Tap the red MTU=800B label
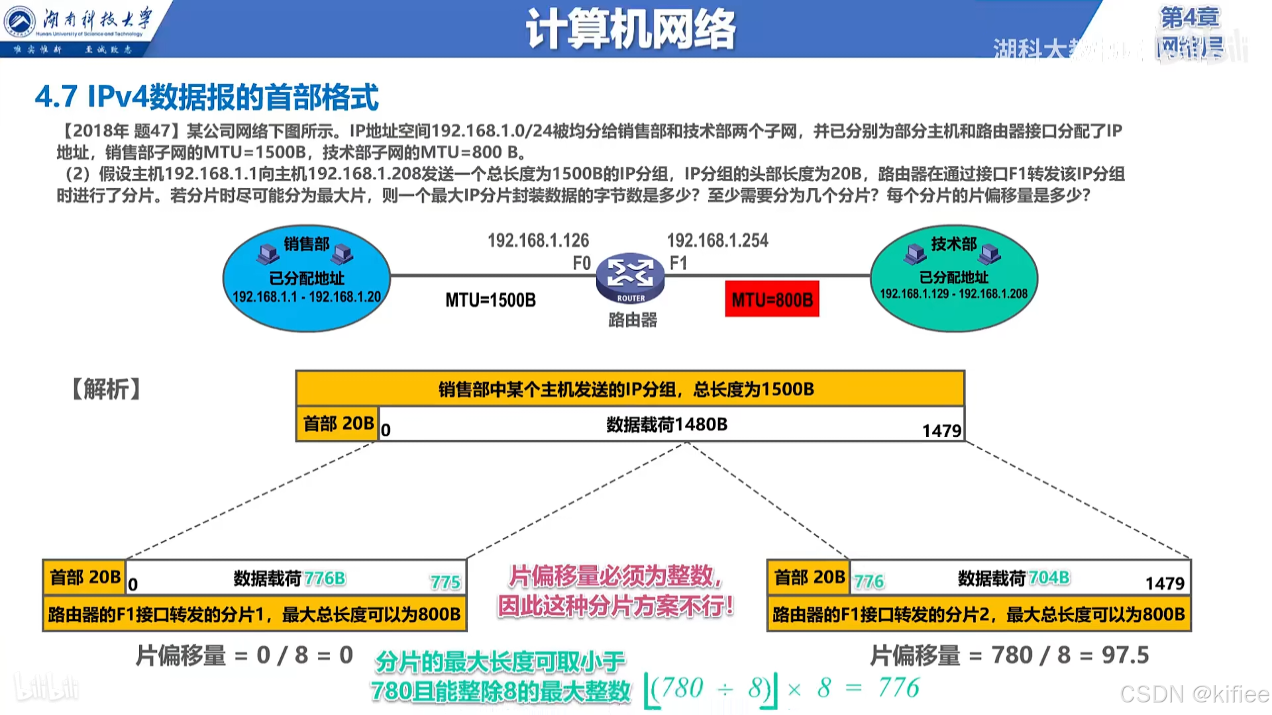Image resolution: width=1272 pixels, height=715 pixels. tap(772, 300)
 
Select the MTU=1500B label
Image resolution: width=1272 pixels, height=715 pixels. tap(490, 300)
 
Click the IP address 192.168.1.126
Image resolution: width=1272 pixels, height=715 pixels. tap(538, 240)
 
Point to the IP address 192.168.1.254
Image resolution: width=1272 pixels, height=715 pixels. tap(717, 240)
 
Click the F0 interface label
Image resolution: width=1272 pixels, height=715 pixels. tap(581, 263)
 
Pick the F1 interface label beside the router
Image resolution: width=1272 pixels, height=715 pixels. tap(678, 263)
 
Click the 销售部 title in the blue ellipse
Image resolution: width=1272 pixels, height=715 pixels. tap(307, 244)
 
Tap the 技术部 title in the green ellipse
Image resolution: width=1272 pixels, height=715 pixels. tap(954, 244)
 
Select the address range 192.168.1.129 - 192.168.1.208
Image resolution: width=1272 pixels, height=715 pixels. tap(953, 293)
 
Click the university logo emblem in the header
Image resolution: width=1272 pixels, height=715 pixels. tap(20, 21)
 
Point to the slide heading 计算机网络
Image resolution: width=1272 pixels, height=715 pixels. tap(631, 30)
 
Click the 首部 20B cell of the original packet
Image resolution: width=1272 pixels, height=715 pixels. tap(338, 424)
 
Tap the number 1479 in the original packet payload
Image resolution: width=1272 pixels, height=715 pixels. tap(941, 431)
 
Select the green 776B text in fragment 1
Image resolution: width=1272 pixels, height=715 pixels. tap(325, 579)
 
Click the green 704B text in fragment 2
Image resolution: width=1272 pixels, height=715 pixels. tap(1049, 578)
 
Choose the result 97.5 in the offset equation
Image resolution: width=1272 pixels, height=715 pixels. tap(1125, 655)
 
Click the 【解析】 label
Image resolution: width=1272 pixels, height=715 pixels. tap(106, 389)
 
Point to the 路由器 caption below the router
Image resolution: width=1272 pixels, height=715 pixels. tap(633, 320)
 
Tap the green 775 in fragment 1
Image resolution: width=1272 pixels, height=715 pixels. tap(445, 583)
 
